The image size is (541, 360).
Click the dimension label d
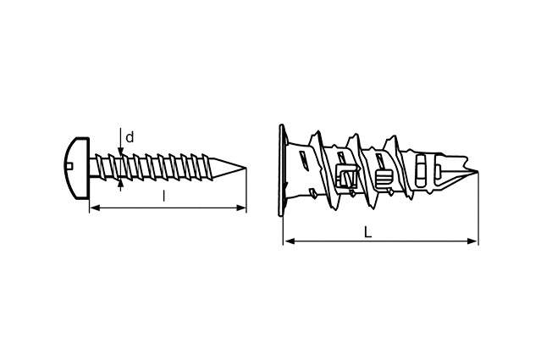tap(130, 138)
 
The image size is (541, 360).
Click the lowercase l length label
tap(164, 196)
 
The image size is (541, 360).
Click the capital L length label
tap(368, 232)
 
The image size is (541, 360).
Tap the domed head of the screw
tap(77, 168)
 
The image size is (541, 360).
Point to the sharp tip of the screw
tap(246, 168)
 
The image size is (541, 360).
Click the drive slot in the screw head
tap(69, 168)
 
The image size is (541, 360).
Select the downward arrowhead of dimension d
tap(120, 152)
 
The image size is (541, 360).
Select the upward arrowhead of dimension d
tap(120, 184)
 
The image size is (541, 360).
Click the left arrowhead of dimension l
tap(95, 208)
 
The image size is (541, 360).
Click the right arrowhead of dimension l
tap(241, 208)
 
